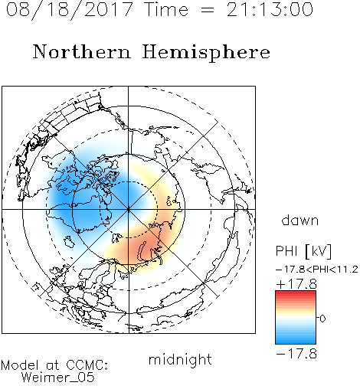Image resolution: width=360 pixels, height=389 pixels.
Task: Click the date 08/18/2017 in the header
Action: pyautogui.click(x=69, y=10)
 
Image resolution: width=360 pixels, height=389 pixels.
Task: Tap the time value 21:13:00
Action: pyautogui.click(x=270, y=10)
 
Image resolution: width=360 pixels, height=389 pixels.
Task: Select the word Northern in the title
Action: pyautogui.click(x=82, y=52)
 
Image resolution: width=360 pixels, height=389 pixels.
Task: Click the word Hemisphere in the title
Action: pyautogui.click(x=206, y=53)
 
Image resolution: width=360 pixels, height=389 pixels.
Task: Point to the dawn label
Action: pyautogui.click(x=300, y=220)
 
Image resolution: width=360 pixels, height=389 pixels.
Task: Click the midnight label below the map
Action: pyautogui.click(x=180, y=360)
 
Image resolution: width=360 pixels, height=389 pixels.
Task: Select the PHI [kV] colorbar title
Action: pyautogui.click(x=303, y=251)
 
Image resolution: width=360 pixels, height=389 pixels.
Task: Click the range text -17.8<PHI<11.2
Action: pyautogui.click(x=317, y=270)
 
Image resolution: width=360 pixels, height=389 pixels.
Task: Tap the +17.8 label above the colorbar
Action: pyautogui.click(x=296, y=284)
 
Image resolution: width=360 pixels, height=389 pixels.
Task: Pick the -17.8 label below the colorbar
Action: pyautogui.click(x=296, y=354)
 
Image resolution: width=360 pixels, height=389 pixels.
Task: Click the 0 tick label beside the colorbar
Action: pyautogui.click(x=322, y=319)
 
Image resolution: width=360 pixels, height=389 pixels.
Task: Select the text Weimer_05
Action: pyautogui.click(x=58, y=378)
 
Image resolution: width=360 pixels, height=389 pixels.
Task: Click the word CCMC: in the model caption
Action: pyautogui.click(x=87, y=365)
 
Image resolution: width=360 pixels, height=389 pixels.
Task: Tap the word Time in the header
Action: pyautogui.click(x=166, y=10)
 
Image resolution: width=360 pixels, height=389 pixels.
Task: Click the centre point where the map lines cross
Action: pyautogui.click(x=129, y=209)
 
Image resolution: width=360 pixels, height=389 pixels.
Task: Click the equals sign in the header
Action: pyautogui.click(x=208, y=11)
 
